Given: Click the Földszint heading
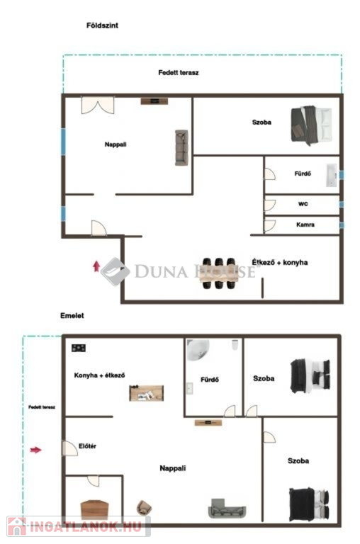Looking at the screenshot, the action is click(x=102, y=25).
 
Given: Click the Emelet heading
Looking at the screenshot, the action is click(x=72, y=315).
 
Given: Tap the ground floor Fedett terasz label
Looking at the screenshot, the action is click(x=179, y=72).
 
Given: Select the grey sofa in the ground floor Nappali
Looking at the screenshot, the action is click(x=181, y=147).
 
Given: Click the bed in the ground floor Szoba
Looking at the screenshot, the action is click(x=311, y=125).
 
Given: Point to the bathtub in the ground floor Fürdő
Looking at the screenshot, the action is click(x=332, y=175).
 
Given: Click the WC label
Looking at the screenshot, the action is click(x=303, y=204).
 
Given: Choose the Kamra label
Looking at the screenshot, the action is click(x=305, y=225).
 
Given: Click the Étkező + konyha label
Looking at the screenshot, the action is click(x=280, y=262).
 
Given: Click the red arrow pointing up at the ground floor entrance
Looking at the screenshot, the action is click(x=96, y=266).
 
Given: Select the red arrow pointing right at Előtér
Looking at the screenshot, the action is click(x=35, y=450).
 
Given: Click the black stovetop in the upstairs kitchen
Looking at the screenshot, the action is click(x=79, y=348).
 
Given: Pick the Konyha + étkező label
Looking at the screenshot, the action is click(x=100, y=375).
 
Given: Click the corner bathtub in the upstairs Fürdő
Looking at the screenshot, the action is click(x=198, y=350).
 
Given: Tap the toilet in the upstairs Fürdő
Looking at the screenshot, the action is click(x=235, y=345).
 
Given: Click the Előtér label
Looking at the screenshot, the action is click(x=87, y=446).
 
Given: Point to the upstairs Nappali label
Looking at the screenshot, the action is click(x=172, y=468).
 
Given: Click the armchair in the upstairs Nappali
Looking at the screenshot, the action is click(x=144, y=508).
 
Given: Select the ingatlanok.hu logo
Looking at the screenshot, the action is click(x=79, y=526).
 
